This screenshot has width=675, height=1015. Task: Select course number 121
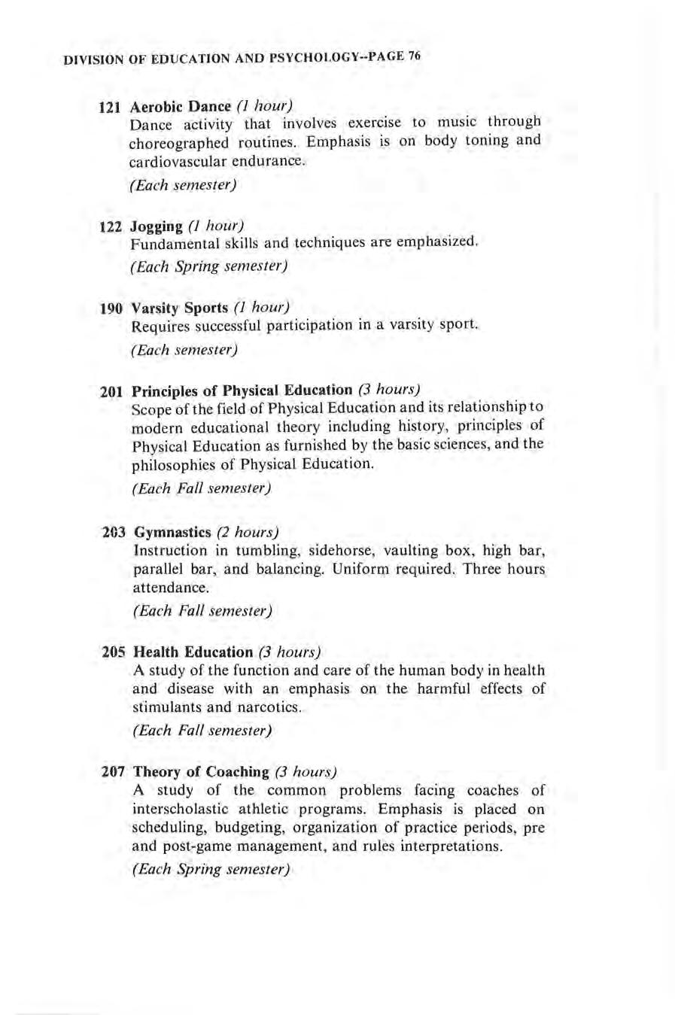pyautogui.click(x=110, y=107)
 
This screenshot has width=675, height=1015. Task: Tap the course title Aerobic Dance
pyautogui.click(x=181, y=106)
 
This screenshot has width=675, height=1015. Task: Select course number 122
pyautogui.click(x=111, y=226)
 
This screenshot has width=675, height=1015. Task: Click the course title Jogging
pyautogui.click(x=157, y=226)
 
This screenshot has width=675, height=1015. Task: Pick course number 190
pyautogui.click(x=111, y=308)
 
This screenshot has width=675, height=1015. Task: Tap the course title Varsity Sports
pyautogui.click(x=180, y=308)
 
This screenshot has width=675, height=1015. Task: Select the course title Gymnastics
pyautogui.click(x=172, y=533)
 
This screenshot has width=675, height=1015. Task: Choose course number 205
pyautogui.click(x=113, y=652)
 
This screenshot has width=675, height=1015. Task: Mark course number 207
pyautogui.click(x=114, y=772)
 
